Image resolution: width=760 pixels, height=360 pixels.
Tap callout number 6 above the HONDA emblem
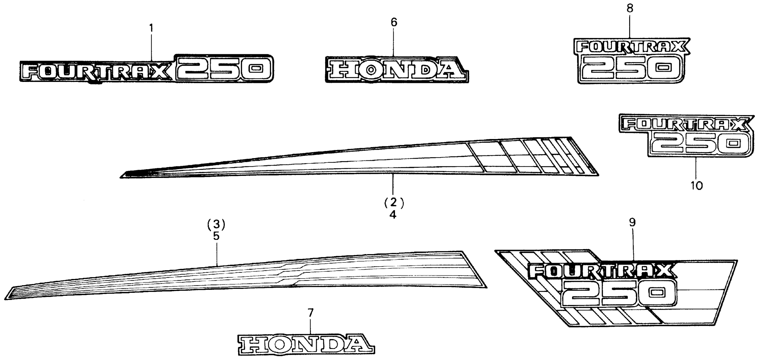394,22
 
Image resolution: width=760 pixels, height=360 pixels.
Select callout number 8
630,8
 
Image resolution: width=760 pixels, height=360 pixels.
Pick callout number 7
310,313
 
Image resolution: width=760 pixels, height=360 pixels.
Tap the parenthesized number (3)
216,224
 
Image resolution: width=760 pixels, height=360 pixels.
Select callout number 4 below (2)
393,215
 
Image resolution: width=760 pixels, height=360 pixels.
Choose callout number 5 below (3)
216,236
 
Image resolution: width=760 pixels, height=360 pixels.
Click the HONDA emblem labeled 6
397,70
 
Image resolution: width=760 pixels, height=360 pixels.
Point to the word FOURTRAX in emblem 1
95,72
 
